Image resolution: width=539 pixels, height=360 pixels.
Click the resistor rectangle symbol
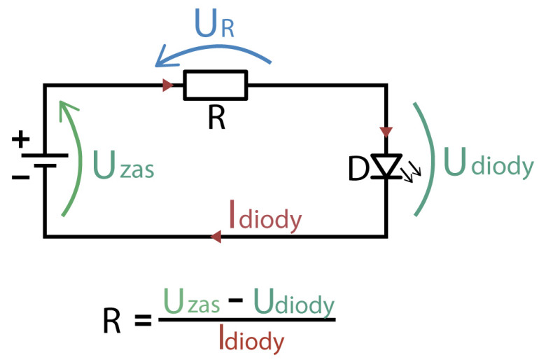216,85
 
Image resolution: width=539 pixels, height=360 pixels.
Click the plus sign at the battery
21,139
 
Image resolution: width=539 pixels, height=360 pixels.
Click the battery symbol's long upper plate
45,155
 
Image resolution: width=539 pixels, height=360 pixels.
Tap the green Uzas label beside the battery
122,168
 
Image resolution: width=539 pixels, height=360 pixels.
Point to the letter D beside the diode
358,169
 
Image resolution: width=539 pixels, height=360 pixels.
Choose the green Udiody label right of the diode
489,167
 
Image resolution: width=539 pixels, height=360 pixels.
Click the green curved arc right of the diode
429,158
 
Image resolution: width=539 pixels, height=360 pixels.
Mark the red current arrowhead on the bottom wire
216,237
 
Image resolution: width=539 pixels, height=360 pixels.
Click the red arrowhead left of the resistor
168,85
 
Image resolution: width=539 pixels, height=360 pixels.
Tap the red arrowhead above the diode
386,131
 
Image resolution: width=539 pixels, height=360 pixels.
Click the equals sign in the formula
142,321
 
